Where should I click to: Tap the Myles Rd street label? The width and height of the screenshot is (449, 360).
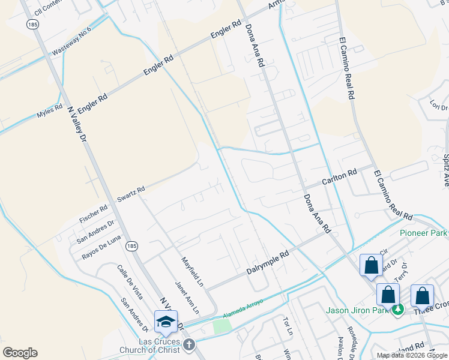pos(50,112)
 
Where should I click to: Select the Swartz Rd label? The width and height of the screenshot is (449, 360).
pos(131,193)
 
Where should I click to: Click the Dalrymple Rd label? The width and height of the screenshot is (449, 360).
pos(268,263)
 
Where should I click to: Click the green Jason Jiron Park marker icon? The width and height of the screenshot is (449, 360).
pos(397,310)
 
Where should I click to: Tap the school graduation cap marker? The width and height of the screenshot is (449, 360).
pos(166,322)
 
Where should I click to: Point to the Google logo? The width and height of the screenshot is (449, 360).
pos(20,353)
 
